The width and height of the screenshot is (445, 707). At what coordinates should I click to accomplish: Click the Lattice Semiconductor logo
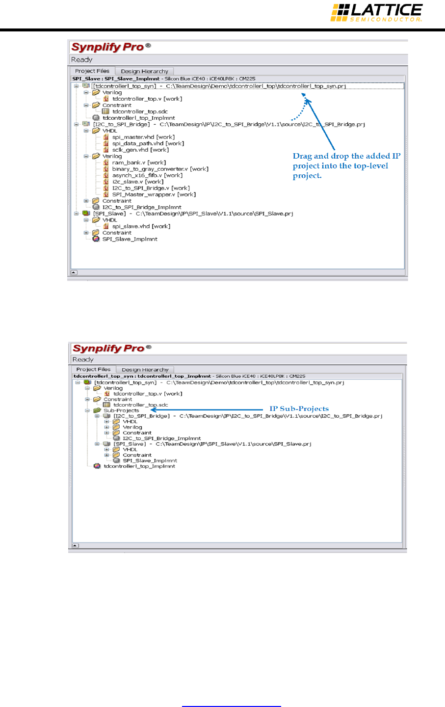click(376, 12)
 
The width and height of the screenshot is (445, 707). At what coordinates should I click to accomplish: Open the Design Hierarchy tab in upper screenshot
click(144, 71)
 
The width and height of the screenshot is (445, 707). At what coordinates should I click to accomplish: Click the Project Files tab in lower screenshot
click(93, 369)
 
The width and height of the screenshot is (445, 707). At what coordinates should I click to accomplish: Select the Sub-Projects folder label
click(121, 410)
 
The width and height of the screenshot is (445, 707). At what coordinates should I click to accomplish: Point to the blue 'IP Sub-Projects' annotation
click(299, 408)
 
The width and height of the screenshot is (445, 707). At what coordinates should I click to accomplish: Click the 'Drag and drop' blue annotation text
click(346, 165)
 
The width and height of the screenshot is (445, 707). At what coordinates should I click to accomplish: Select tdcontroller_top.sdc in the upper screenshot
click(140, 111)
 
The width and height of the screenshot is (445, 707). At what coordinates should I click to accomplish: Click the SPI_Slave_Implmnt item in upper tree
click(130, 239)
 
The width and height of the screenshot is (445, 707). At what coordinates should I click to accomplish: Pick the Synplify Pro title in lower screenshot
click(108, 348)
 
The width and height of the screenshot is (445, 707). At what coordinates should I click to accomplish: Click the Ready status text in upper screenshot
click(81, 59)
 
